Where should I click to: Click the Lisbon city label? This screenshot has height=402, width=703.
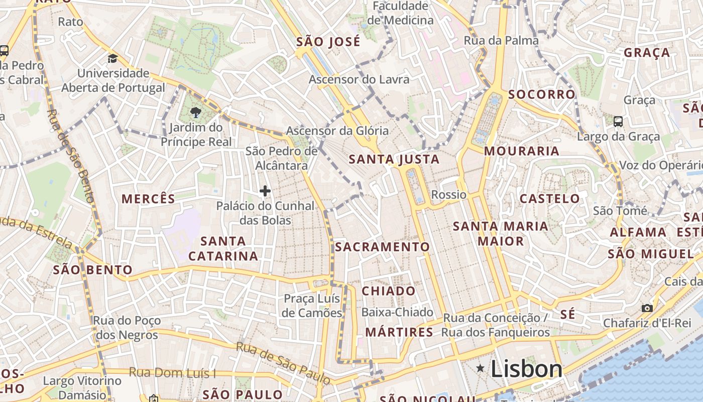526,369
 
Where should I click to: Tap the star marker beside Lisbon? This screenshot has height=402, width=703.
481,369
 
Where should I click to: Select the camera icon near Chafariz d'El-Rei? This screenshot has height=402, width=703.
647,308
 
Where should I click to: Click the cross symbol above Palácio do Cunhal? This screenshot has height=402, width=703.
265,191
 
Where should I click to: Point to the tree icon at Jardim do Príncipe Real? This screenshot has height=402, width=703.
196,113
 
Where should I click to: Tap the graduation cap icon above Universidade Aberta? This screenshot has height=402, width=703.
112,58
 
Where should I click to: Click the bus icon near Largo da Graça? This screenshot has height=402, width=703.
618,121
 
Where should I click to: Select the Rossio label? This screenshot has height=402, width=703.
449,194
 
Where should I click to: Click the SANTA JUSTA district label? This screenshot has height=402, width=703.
394,160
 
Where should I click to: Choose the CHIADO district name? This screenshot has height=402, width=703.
389,291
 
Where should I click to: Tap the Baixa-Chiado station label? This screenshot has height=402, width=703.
397,312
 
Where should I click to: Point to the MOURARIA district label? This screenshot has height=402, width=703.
521,151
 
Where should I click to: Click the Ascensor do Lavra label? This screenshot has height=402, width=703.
359,79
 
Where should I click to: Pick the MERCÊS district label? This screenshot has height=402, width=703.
149,198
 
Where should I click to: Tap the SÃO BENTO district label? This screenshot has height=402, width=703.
93,270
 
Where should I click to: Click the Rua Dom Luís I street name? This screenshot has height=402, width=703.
172,372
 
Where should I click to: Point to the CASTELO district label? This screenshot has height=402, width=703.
549,198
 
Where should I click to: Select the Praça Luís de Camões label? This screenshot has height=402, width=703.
312,306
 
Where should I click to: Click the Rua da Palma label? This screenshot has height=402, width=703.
501,40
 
